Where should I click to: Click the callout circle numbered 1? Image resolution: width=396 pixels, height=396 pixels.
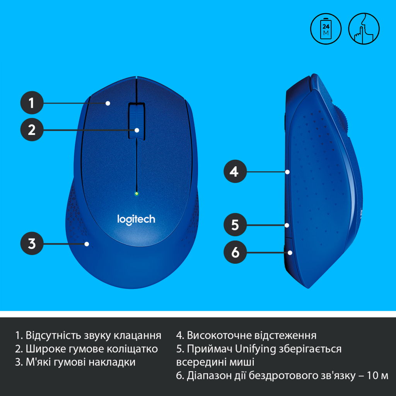tap(31, 103)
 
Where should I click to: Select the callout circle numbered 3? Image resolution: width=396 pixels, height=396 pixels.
tap(31, 244)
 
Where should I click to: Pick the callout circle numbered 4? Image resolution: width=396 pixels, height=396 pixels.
tap(235, 171)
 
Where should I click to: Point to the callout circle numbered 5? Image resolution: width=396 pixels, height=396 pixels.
tap(235, 225)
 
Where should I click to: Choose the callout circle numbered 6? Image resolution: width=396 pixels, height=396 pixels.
tap(235, 253)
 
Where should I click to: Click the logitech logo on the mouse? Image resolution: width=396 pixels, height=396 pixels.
tap(136, 219)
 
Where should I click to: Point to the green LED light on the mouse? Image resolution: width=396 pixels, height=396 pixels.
tap(137, 193)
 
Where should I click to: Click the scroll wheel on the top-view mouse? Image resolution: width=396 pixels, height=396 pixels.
tap(137, 120)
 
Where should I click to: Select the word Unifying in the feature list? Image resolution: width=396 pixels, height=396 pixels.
tap(255, 349)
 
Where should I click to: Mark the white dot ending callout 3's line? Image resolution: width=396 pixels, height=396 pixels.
tap(87, 244)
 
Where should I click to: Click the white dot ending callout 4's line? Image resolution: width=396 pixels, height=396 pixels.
tap(288, 171)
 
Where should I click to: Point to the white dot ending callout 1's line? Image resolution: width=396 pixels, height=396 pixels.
tap(108, 103)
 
